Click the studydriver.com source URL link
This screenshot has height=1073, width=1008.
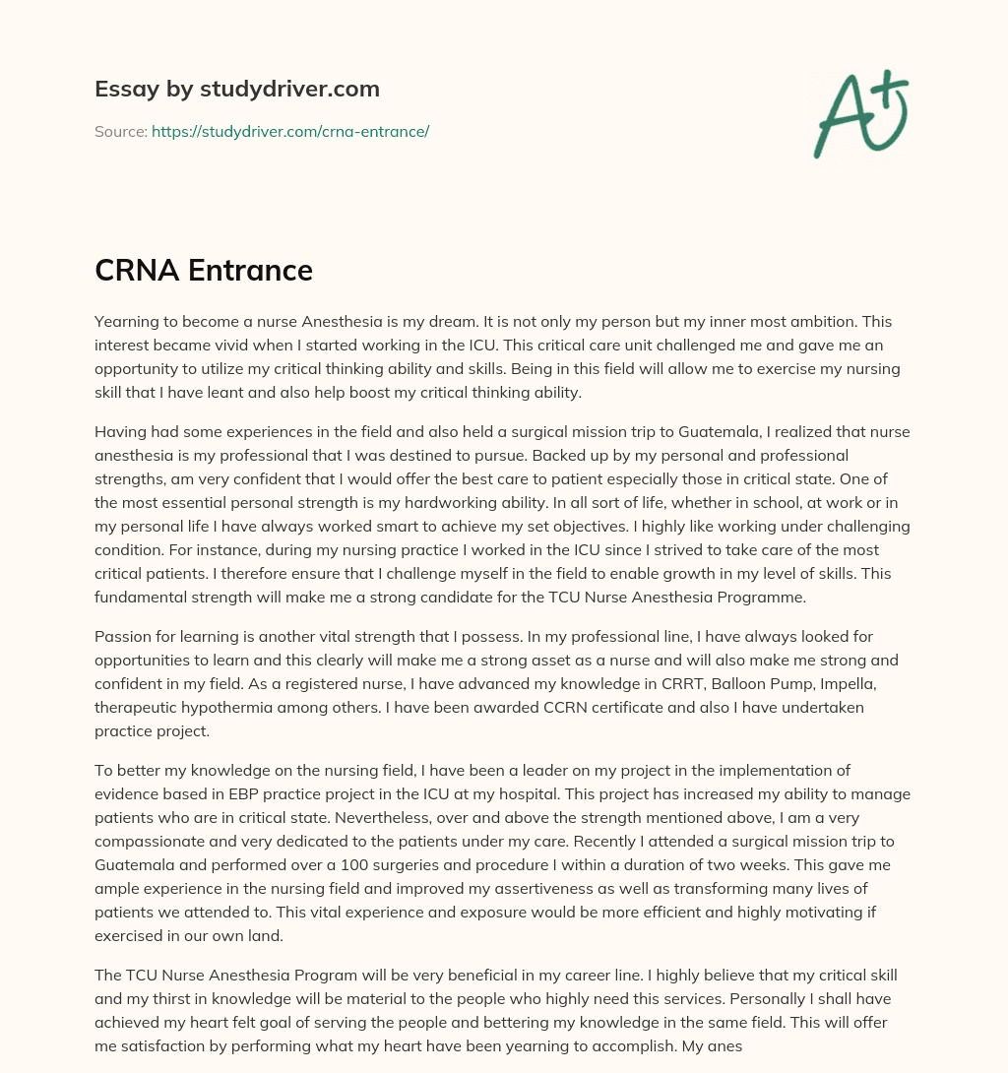pyautogui.click(x=289, y=131)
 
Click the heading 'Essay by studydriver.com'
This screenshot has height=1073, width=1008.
pyautogui.click(x=236, y=89)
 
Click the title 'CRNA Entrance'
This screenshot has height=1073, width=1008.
pyautogui.click(x=204, y=269)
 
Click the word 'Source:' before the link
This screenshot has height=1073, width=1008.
pyautogui.click(x=120, y=131)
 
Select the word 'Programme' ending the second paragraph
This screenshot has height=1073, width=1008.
pyautogui.click(x=798, y=597)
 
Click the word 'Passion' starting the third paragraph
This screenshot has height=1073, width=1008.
pyautogui.click(x=123, y=637)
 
